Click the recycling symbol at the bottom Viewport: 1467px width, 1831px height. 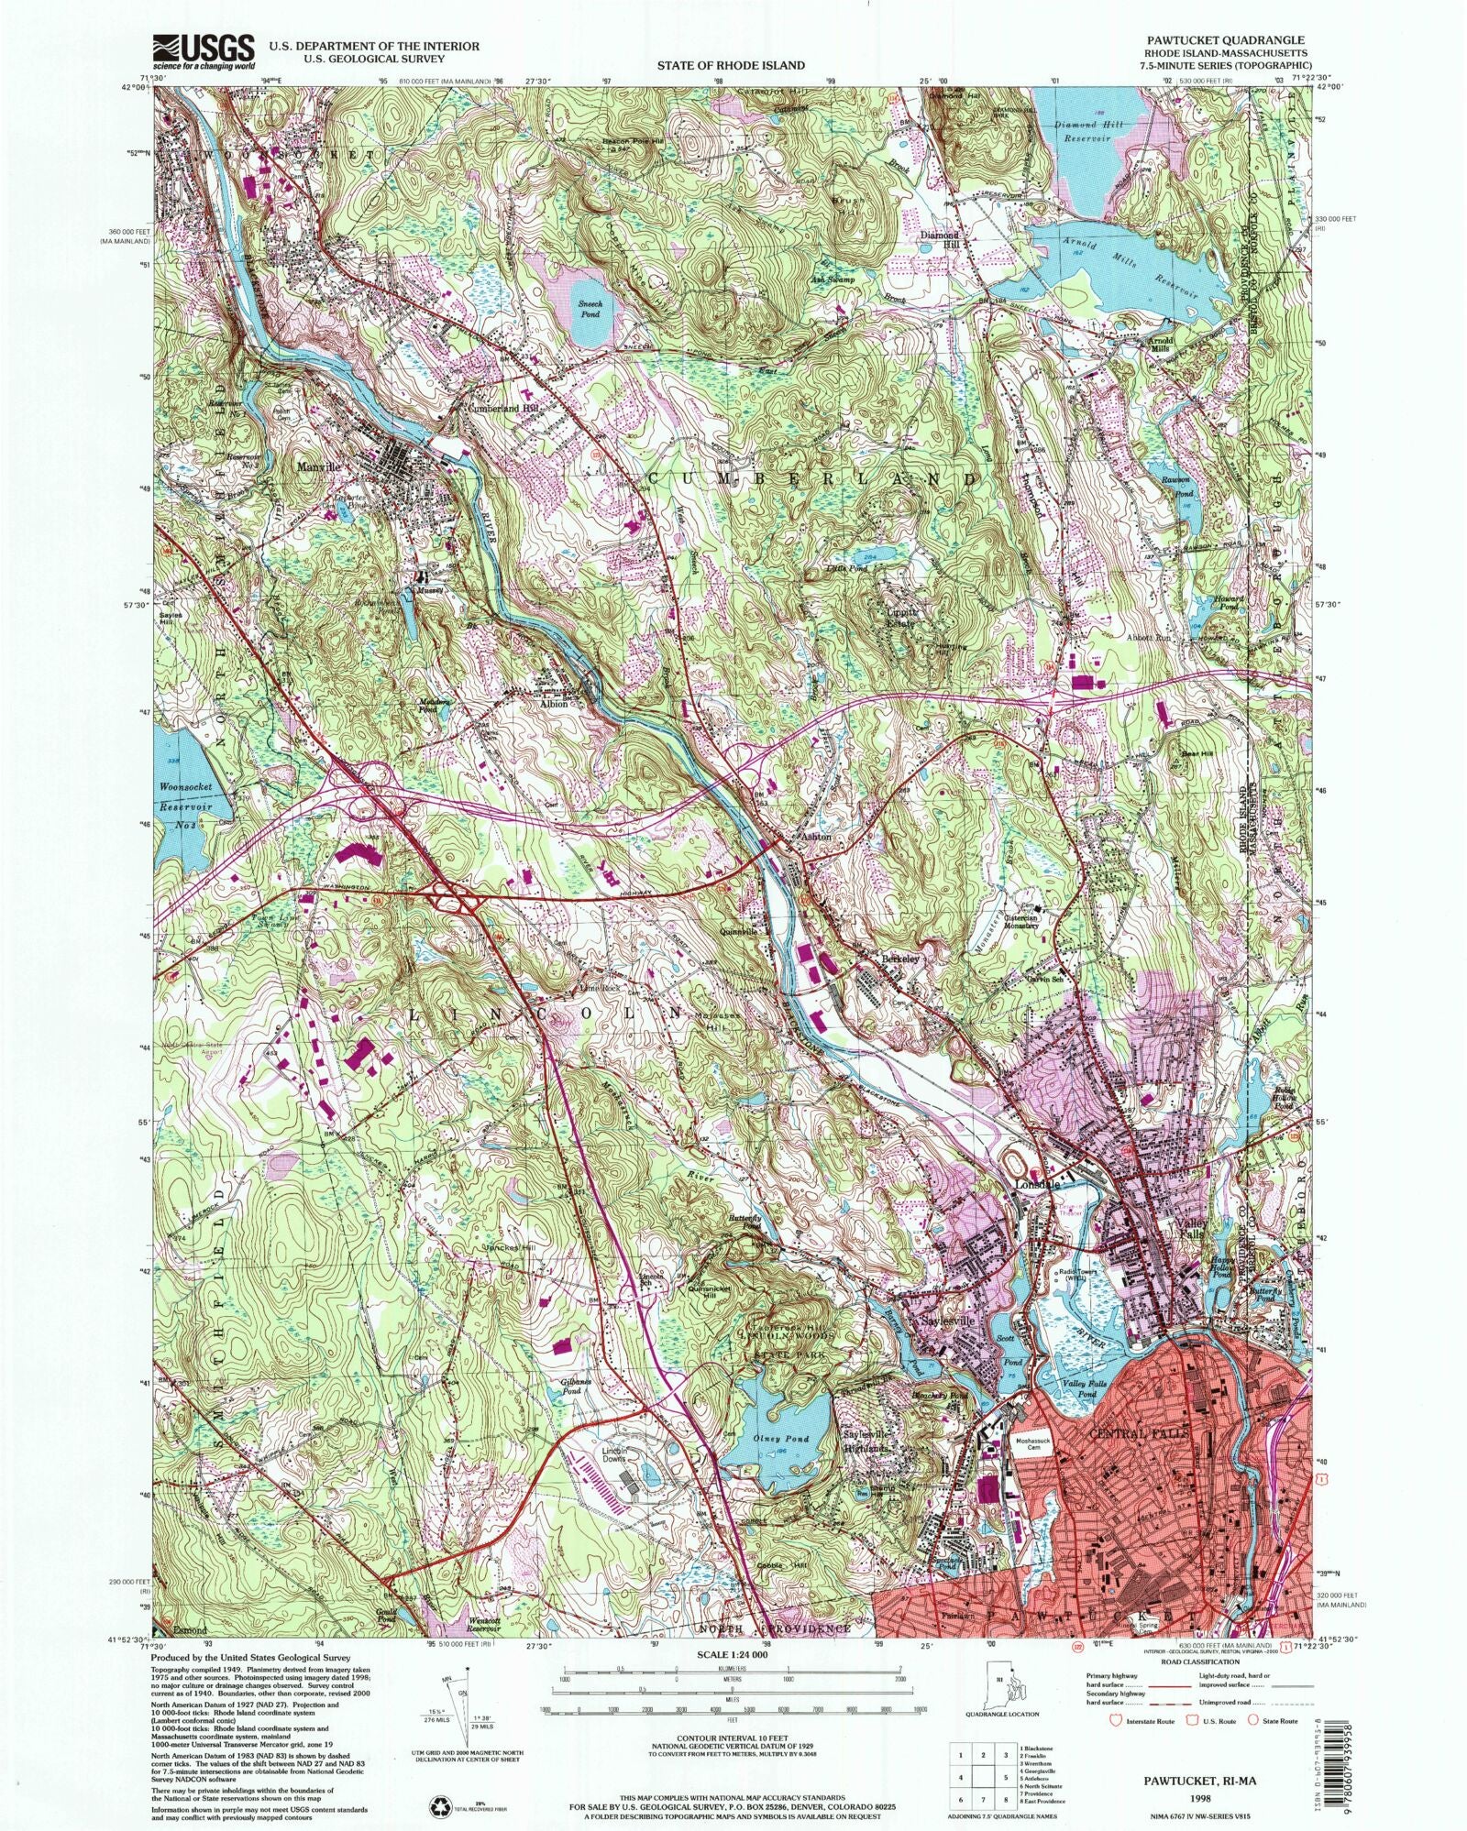click(x=438, y=1779)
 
